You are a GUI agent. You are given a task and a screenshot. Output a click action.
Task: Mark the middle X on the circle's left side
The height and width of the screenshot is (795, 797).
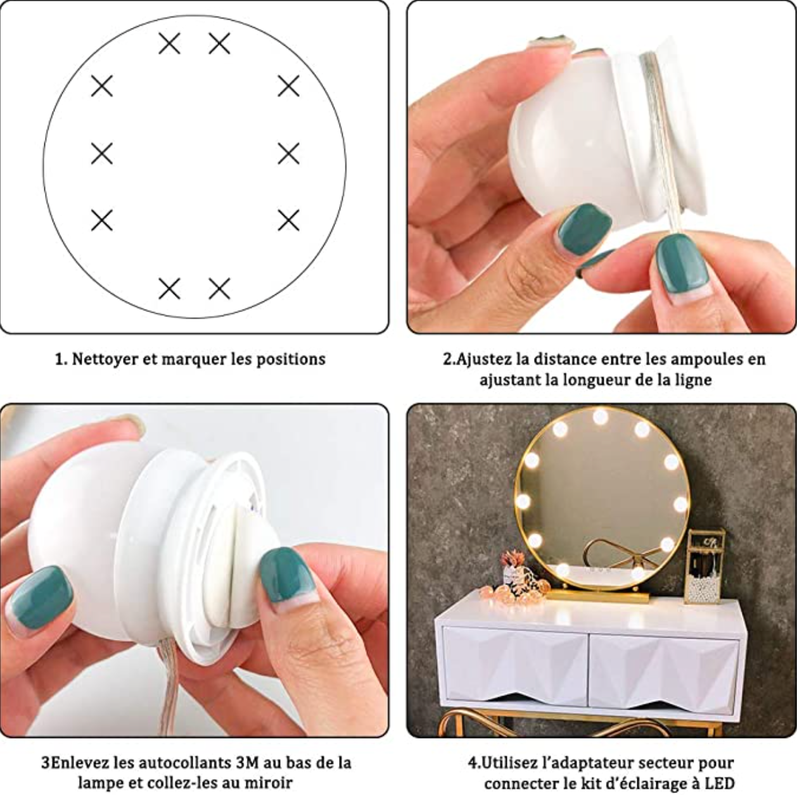102,153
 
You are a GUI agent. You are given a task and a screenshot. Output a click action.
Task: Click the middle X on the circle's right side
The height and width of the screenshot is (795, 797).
288,153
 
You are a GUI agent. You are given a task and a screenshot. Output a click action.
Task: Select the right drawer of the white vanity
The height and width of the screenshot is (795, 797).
663,668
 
